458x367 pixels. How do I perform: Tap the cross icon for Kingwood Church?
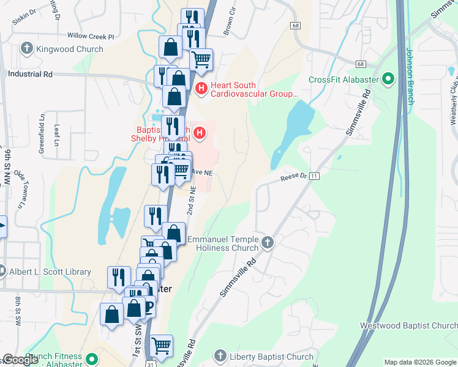[26, 48]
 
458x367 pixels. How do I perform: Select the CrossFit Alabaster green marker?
[388, 80]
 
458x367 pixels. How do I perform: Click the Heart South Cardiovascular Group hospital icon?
[201, 90]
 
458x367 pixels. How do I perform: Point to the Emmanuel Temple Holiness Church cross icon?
[267, 243]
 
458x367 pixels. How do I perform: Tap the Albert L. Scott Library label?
[50, 272]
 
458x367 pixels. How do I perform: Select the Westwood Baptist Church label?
[409, 326]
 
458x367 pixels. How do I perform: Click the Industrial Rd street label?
[30, 74]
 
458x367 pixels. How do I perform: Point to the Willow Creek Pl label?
[91, 37]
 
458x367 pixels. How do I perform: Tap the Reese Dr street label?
[293, 176]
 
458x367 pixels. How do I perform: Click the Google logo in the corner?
[20, 360]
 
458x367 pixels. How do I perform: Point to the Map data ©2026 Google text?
[419, 362]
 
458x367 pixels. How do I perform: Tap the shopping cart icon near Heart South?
[201, 59]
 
